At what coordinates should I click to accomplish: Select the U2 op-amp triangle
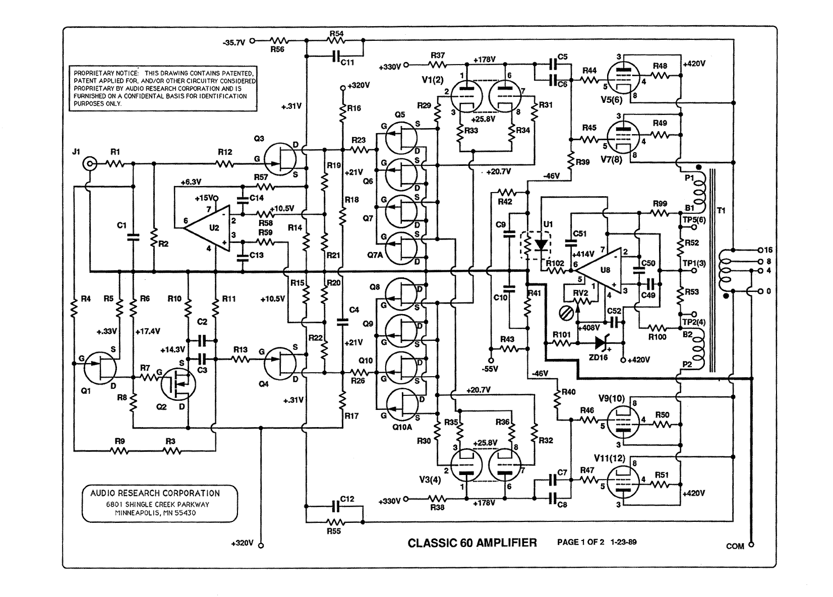pos(208,228)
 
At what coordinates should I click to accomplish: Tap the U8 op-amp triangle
pos(600,270)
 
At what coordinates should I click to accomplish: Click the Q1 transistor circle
pos(100,368)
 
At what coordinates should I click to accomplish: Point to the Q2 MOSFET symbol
pos(178,385)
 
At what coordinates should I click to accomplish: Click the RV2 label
pos(580,293)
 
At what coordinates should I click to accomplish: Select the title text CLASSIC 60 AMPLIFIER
pos(472,543)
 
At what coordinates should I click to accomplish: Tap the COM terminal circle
pos(751,545)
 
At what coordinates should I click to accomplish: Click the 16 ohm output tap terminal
pos(760,250)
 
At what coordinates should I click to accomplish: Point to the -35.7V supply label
pos(234,43)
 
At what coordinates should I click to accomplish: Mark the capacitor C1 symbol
pos(133,237)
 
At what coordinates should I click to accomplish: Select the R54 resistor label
pos(336,33)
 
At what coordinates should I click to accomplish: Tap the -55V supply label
pos(490,369)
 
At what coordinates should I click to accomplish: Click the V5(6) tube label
pos(611,100)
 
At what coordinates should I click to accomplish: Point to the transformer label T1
pos(721,211)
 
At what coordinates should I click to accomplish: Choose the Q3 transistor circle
pos(280,159)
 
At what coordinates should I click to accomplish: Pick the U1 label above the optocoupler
pos(548,224)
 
